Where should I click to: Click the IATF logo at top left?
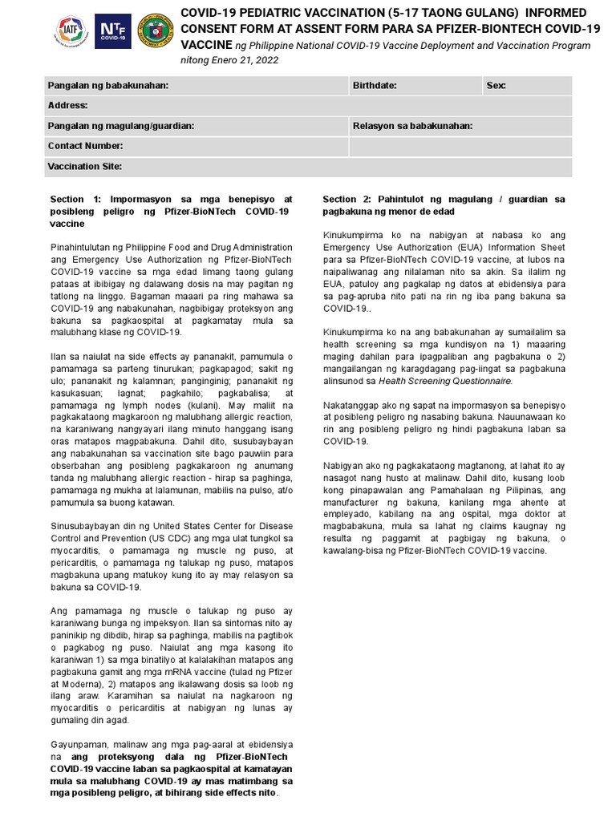click(71, 31)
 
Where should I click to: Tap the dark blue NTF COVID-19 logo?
click(113, 31)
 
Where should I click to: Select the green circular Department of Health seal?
click(155, 31)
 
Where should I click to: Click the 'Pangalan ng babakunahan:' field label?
click(107, 85)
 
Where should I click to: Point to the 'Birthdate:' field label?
click(375, 85)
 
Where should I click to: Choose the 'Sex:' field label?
click(496, 85)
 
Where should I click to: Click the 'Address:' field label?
click(67, 105)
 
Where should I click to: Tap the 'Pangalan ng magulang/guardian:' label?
click(120, 126)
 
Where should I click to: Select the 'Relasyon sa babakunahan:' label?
click(412, 126)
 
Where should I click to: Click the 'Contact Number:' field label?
click(85, 146)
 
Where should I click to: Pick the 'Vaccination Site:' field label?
click(84, 166)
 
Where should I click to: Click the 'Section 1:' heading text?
click(75, 199)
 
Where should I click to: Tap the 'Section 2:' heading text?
click(348, 199)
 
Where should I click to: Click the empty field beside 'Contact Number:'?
click(460, 146)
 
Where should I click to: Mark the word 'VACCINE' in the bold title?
click(206, 45)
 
